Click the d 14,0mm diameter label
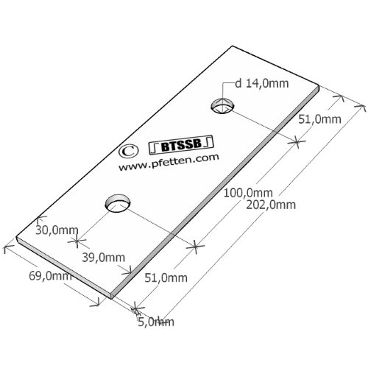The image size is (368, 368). point(262,84)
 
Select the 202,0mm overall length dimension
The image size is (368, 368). point(271,205)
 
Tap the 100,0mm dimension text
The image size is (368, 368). point(248,193)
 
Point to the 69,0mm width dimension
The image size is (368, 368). point(50,276)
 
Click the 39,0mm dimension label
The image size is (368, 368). point(104,258)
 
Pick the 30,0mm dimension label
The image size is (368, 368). point(57,230)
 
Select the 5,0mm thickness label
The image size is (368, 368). point(156,322)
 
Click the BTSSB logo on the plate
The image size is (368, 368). point(182,145)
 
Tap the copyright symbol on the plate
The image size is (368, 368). point(127,151)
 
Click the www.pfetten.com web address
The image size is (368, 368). point(169,162)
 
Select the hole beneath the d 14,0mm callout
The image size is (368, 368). point(222,106)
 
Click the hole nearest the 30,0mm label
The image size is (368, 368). point(118,203)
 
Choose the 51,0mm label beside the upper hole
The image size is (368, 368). point(319,119)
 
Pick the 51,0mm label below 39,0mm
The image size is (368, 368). point(166,278)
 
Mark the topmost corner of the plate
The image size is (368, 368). point(232,46)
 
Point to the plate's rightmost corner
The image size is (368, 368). point(319,86)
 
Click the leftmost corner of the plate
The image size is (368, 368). point(16,238)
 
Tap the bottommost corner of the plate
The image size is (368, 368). point(111,299)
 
